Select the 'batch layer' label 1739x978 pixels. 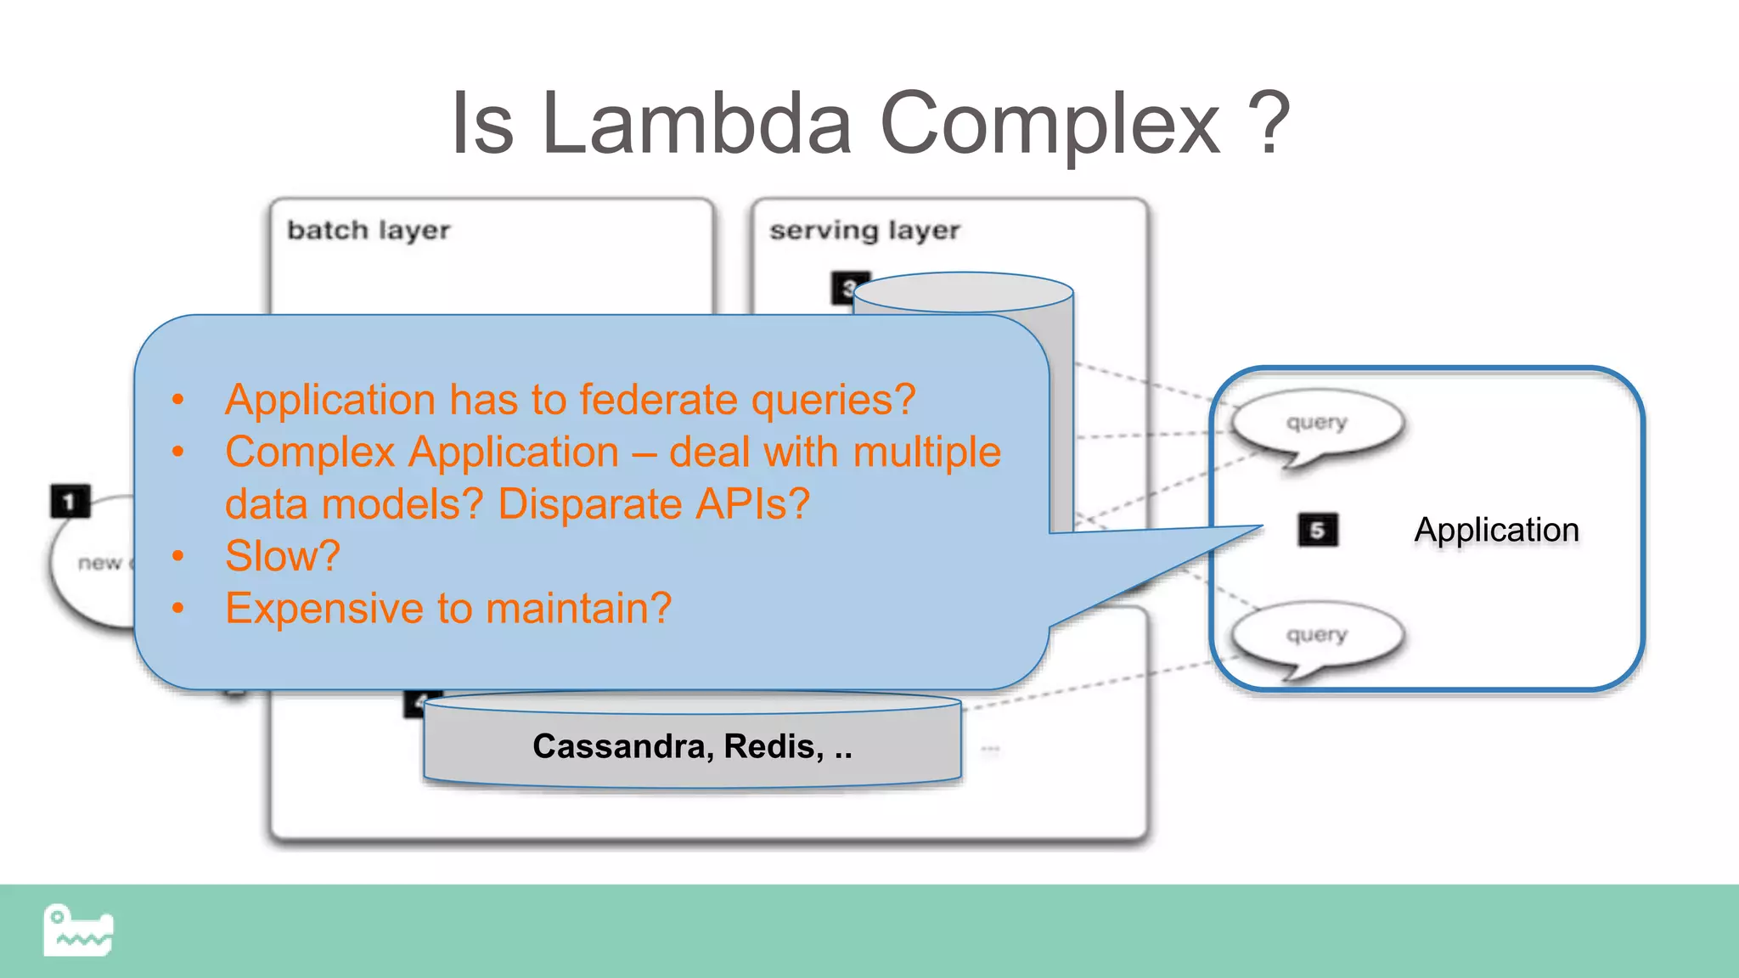(x=369, y=230)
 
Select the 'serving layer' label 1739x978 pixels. (x=864, y=230)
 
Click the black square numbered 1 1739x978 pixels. (x=70, y=501)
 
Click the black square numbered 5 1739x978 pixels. (x=1317, y=530)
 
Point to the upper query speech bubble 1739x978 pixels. (x=1317, y=423)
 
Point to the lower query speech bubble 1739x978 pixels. (x=1317, y=635)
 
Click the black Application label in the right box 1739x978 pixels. (x=1496, y=530)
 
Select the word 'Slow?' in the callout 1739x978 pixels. (x=282, y=556)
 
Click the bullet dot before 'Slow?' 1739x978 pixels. (x=177, y=556)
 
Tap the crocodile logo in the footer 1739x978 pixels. (x=78, y=930)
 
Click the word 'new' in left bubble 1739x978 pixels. (x=99, y=563)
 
